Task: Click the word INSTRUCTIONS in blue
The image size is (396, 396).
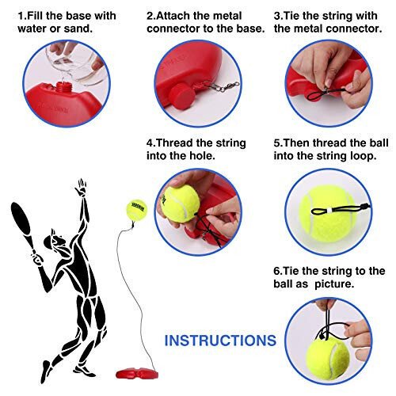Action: tap(220, 340)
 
